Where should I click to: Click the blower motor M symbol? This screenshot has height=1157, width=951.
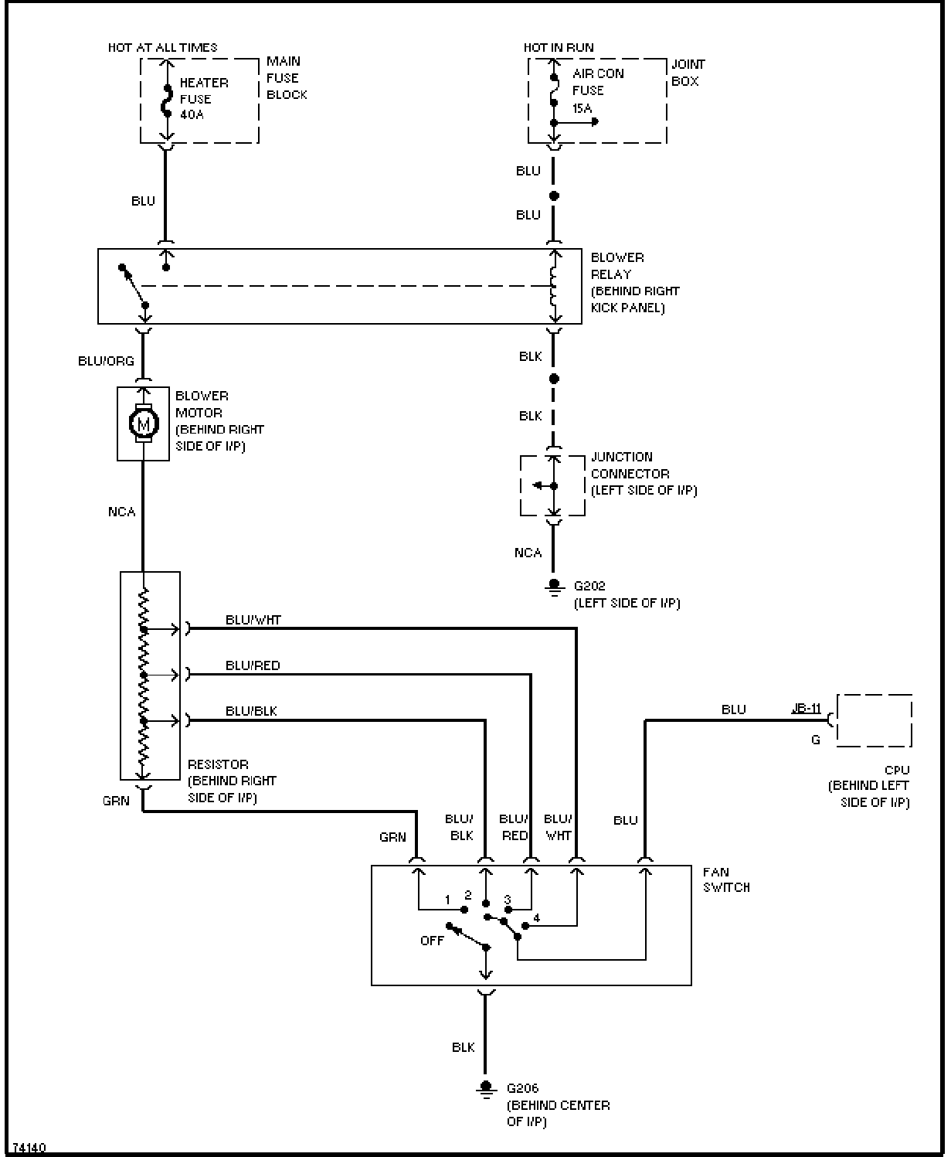tap(143, 424)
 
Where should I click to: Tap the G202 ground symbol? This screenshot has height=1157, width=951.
tap(554, 587)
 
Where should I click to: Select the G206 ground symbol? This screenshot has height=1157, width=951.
tap(485, 1088)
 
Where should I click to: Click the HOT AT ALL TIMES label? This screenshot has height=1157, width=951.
tap(162, 48)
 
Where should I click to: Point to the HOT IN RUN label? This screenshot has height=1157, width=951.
tap(559, 48)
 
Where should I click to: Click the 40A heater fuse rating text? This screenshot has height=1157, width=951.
tap(192, 114)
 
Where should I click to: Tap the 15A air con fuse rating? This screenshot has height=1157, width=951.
tap(582, 108)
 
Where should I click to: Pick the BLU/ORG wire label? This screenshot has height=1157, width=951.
tap(106, 361)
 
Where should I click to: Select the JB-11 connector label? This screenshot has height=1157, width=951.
tap(806, 708)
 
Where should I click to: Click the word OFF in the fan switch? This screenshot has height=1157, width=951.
tap(432, 941)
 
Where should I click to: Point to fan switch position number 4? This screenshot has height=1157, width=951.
tap(536, 918)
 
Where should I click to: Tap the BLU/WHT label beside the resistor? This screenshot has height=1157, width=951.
tap(253, 620)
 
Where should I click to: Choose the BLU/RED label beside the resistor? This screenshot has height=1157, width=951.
tap(253, 665)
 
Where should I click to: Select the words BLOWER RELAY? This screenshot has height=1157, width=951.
tap(617, 266)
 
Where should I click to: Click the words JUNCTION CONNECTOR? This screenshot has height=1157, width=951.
tap(630, 465)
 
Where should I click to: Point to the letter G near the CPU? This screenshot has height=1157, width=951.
tap(816, 740)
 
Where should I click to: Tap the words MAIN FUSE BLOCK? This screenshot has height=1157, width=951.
tap(287, 78)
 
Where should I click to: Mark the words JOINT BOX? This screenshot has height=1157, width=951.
tap(688, 73)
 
